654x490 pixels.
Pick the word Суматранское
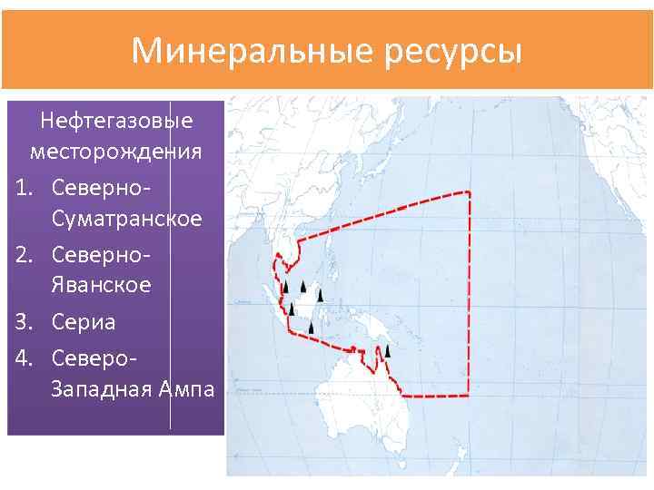[127, 219]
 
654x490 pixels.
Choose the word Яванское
[102, 285]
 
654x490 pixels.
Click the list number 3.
[25, 321]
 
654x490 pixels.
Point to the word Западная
[102, 388]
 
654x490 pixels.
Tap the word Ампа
[186, 388]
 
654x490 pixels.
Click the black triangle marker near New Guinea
[387, 350]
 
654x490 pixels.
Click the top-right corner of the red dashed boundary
[468, 192]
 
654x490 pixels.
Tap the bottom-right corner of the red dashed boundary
[469, 395]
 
